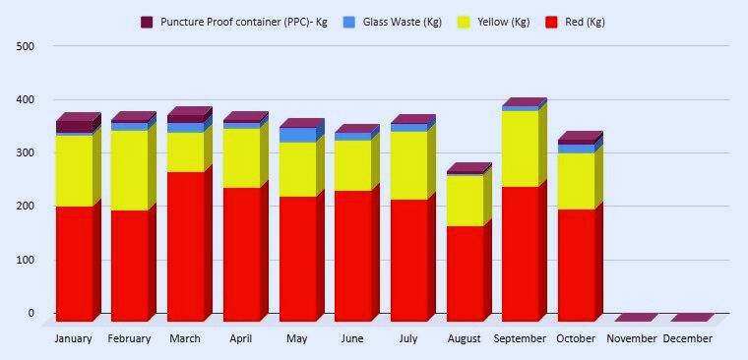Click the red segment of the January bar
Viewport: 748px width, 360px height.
tap(74, 263)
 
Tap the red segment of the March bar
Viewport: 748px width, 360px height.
tap(185, 246)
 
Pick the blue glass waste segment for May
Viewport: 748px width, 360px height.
tap(297, 135)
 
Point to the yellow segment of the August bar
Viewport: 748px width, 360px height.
tap(465, 201)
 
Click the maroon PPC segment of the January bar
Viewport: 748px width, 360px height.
tap(74, 127)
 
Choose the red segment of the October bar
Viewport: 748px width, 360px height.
tap(576, 265)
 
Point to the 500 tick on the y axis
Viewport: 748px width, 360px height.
tap(26, 46)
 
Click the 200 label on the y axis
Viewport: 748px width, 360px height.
tap(26, 207)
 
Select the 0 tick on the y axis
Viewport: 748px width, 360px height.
tap(31, 314)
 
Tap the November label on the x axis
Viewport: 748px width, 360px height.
tap(632, 339)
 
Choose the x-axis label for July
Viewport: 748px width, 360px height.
tap(408, 339)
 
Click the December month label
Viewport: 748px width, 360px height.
tap(688, 339)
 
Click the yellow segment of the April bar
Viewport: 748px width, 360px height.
tap(241, 157)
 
